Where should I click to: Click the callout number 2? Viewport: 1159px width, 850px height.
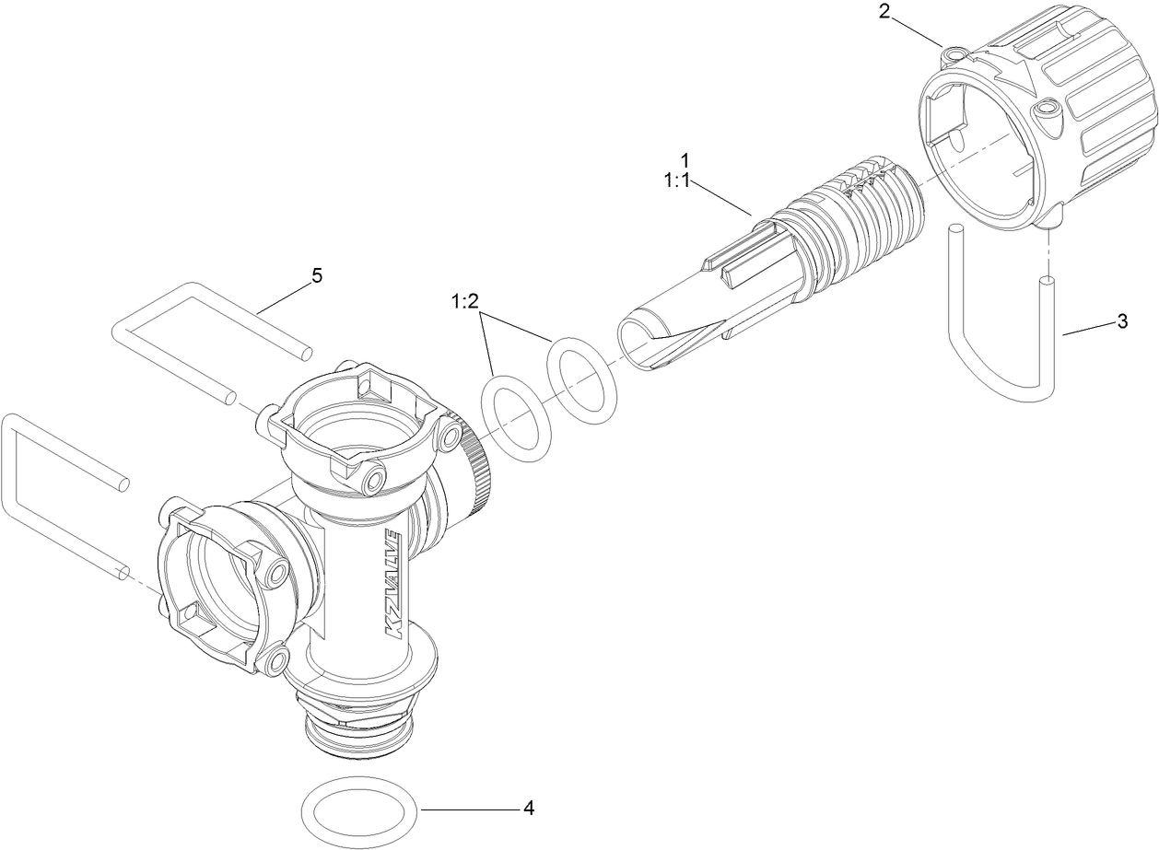point(884,12)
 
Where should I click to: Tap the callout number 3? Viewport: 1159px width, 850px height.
point(1122,321)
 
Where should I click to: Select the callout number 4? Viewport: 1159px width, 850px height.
point(529,809)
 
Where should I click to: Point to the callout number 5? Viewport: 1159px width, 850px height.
point(317,274)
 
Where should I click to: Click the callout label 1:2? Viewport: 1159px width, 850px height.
point(465,302)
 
